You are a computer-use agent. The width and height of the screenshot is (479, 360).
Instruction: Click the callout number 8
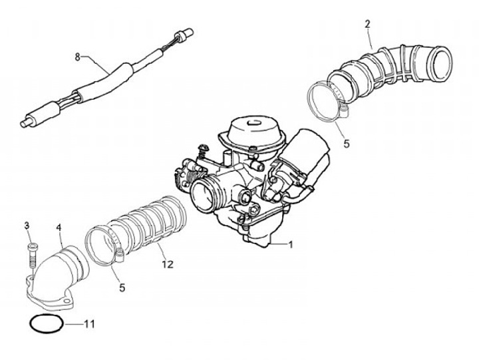pyautogui.click(x=78, y=57)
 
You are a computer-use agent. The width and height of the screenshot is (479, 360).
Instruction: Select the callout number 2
pyautogui.click(x=368, y=25)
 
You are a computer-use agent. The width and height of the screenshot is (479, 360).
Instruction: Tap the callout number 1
pyautogui.click(x=291, y=244)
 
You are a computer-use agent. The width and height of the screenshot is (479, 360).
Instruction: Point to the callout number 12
pyautogui.click(x=167, y=264)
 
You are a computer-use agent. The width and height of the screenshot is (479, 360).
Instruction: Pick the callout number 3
pyautogui.click(x=27, y=226)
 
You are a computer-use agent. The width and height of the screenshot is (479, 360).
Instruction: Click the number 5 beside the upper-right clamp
pyautogui.click(x=345, y=142)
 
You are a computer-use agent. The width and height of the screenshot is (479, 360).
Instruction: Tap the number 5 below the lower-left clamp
pyautogui.click(x=122, y=287)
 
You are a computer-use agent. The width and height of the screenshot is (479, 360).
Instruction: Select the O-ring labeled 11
pyautogui.click(x=47, y=325)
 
